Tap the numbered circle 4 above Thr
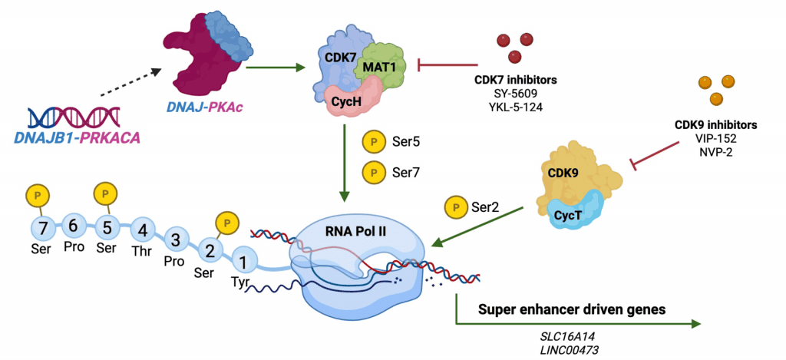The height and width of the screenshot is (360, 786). (x=143, y=232)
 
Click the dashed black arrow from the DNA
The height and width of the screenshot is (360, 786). (x=130, y=81)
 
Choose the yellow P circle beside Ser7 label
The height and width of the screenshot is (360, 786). (x=372, y=173)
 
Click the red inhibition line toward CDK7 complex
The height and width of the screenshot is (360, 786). (x=447, y=64)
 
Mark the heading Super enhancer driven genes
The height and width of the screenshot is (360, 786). (x=572, y=309)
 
